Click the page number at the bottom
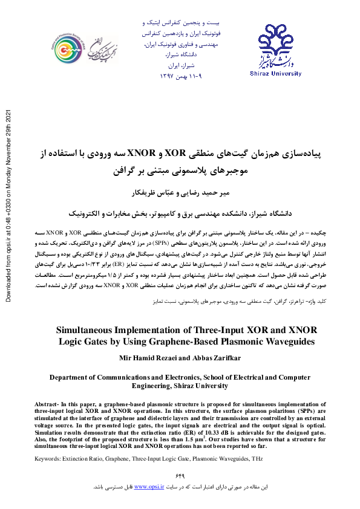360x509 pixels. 180,475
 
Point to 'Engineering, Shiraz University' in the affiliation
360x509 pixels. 180,384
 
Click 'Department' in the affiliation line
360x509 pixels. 71,376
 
